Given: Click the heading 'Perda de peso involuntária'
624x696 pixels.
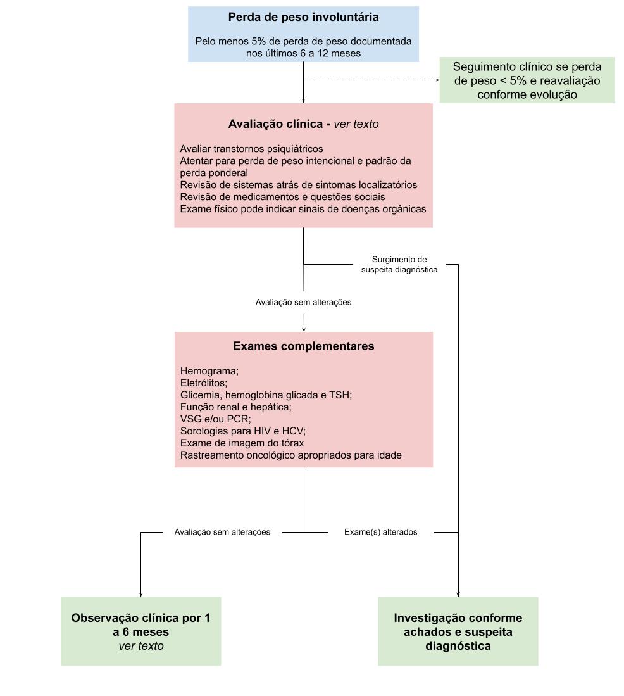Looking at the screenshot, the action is [303, 17].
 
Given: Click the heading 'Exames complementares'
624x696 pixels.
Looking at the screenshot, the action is [304, 346].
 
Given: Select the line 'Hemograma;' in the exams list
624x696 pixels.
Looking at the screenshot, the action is [209, 371].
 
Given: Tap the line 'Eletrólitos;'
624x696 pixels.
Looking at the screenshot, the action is [204, 383].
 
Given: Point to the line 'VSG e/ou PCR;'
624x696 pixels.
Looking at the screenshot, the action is [216, 419].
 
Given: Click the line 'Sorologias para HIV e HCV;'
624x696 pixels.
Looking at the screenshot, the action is [243, 431].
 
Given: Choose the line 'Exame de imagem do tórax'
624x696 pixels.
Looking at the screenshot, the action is [242, 443].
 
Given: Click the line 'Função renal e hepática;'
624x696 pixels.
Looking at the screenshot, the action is [236, 407].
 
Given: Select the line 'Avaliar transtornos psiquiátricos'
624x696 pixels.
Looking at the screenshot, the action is [251, 149].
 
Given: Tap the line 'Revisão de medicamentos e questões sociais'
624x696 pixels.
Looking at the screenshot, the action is [282, 196].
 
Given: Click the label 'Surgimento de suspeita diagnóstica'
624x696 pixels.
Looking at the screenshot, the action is [399, 265].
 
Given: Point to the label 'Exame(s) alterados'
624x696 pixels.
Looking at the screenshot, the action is [380, 532].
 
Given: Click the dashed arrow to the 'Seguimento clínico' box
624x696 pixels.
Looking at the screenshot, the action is [371, 80].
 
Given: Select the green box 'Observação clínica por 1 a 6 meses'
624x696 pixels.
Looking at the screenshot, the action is [141, 631].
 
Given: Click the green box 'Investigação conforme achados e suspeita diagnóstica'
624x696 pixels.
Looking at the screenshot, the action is [458, 631].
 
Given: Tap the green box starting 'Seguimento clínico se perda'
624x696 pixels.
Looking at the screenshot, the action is [527, 80].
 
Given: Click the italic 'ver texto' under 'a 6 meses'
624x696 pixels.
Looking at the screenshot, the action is [141, 646].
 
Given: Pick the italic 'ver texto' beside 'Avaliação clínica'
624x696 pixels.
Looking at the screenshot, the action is [356, 124].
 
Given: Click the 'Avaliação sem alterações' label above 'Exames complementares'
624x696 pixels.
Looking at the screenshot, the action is [303, 302].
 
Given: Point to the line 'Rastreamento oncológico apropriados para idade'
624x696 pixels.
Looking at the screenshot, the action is [291, 455].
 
